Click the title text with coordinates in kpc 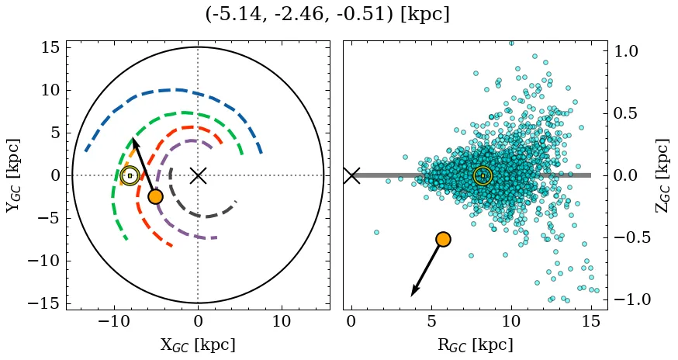327,15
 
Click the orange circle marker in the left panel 155,196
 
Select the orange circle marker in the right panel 443,239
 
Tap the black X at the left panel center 198,175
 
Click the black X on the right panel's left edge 351,175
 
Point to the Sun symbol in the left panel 130,175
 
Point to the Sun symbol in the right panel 483,175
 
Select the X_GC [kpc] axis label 198,344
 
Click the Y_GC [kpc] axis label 13,175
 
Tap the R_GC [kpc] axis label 476,344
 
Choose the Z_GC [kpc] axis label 662,175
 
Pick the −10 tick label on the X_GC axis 114,321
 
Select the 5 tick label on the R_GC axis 431,321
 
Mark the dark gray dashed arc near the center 203,216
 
